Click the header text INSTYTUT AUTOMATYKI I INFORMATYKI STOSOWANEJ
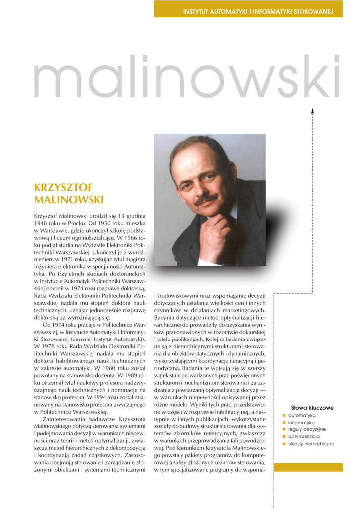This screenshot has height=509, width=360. (x=258, y=11)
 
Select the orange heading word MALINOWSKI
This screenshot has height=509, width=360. (x=69, y=200)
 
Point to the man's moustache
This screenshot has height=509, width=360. (x=206, y=199)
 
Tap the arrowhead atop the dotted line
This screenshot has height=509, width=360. (x=312, y=111)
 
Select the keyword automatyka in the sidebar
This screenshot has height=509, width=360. (x=302, y=415)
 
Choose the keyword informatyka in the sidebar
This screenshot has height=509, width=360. (x=302, y=422)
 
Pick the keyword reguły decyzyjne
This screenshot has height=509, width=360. (x=307, y=429)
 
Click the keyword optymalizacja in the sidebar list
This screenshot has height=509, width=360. (x=304, y=436)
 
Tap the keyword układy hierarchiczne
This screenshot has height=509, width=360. (x=311, y=443)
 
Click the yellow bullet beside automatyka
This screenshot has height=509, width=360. (x=284, y=415)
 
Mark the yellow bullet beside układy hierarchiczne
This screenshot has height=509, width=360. (x=284, y=443)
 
